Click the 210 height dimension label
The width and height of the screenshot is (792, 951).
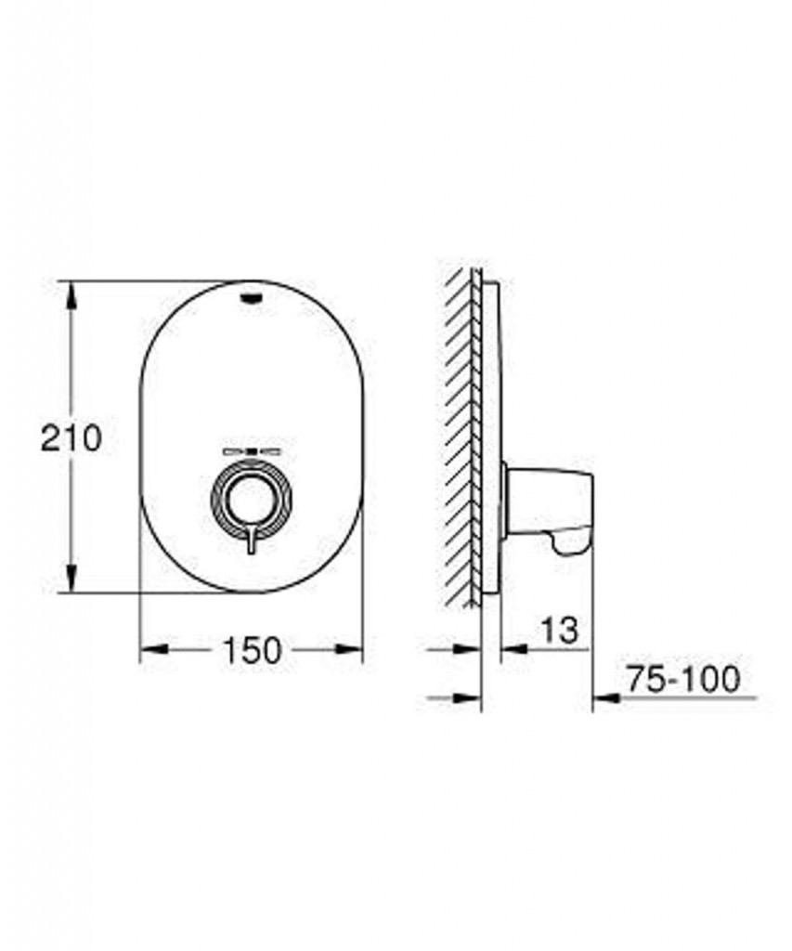[71, 437]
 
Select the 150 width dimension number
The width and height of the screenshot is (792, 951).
[252, 649]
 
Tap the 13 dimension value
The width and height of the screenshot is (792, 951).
[559, 631]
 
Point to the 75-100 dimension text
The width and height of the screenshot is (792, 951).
[683, 679]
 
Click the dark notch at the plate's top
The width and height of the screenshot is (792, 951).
[251, 297]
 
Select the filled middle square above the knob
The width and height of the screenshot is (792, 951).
[252, 451]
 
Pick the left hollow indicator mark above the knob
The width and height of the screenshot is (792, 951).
[233, 451]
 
